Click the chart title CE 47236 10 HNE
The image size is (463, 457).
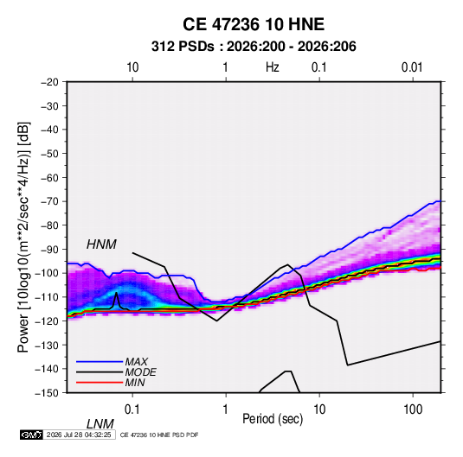254,24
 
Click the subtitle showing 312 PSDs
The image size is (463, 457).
254,47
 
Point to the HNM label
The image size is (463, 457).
101,244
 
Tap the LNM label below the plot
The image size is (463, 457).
100,424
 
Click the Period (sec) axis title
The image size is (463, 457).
273,419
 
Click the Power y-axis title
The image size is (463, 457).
23,238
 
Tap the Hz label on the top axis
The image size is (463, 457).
273,67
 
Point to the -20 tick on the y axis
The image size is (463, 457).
49,82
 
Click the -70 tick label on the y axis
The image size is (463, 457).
49,201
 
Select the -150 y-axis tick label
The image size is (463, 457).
47,393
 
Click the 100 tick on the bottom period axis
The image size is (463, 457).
413,409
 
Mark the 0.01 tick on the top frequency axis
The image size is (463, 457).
412,67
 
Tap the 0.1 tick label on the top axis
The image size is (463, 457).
318,67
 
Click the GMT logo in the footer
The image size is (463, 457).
32,435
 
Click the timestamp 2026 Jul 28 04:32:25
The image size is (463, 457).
79,435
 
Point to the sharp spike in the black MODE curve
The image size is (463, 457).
117,293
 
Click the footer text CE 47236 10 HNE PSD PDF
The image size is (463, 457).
159,435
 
